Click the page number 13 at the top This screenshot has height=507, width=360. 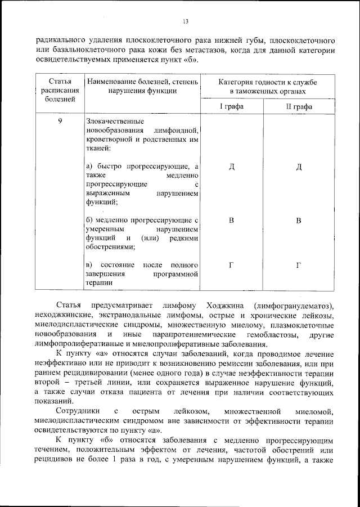(x=185, y=22)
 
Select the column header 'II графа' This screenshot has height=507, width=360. (x=299, y=106)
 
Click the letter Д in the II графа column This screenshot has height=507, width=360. (x=299, y=167)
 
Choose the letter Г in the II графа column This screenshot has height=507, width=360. (x=299, y=265)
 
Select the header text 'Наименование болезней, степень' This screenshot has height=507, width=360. (x=143, y=82)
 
